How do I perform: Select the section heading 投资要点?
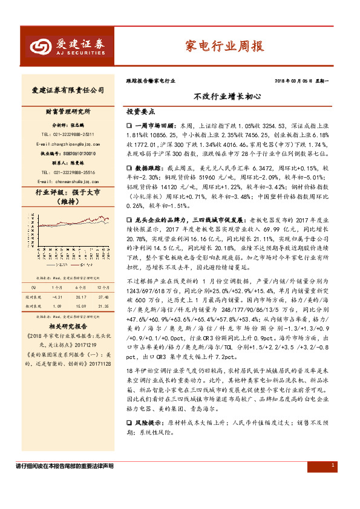click(140, 112)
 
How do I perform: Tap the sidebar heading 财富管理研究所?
click(68, 112)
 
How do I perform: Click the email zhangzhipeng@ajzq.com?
click(68, 144)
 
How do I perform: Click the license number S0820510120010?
click(76, 154)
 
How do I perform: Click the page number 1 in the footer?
click(333, 482)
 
